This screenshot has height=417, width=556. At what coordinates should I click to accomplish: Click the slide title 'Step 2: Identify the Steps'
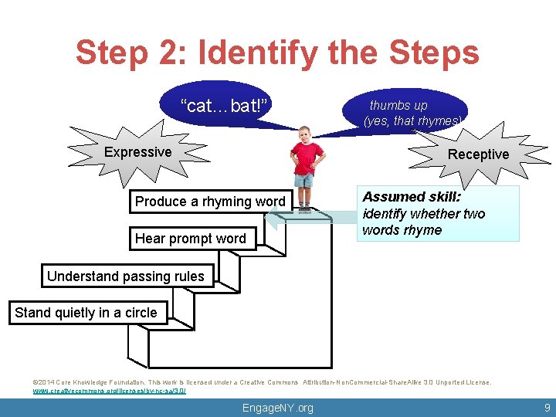[277, 53]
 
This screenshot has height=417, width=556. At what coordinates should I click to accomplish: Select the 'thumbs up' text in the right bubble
[398, 105]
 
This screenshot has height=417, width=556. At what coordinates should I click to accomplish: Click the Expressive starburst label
[138, 152]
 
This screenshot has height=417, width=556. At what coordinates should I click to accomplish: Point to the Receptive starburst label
[478, 154]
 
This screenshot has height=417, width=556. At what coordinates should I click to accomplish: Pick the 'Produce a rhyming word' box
[210, 202]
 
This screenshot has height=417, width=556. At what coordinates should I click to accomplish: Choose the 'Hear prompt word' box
[190, 239]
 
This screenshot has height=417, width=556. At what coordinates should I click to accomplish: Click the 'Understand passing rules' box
[126, 276]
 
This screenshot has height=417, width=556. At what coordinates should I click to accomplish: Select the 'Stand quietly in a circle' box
[86, 313]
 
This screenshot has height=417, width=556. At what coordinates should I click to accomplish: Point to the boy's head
[304, 134]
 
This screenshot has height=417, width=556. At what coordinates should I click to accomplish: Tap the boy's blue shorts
[304, 180]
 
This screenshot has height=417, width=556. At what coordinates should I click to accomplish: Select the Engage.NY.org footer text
[278, 408]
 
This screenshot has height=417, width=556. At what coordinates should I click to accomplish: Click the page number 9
[547, 407]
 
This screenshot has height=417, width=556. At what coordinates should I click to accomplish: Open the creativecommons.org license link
[109, 392]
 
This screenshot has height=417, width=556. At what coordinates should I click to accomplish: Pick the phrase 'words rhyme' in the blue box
[402, 230]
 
